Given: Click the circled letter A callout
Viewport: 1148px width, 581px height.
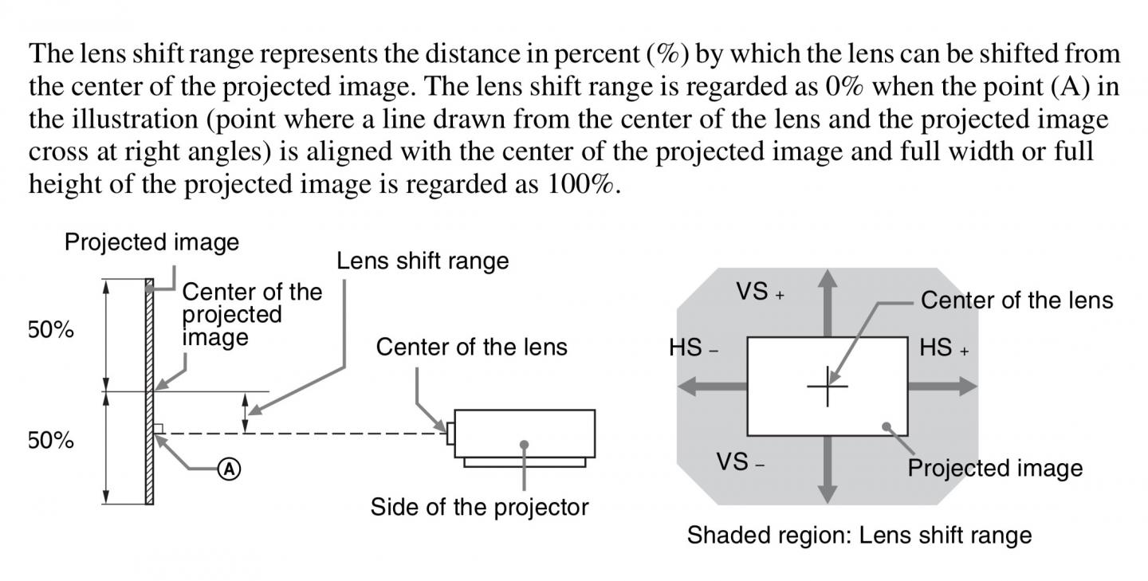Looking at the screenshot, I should pyautogui.click(x=229, y=469).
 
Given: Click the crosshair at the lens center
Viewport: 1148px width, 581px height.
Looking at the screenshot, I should pyautogui.click(x=828, y=387).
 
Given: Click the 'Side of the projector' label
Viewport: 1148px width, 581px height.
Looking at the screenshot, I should pyautogui.click(x=479, y=507).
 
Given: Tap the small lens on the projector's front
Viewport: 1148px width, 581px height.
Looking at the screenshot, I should pyautogui.click(x=450, y=434).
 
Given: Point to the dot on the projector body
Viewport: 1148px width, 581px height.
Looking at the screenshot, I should pyautogui.click(x=524, y=444).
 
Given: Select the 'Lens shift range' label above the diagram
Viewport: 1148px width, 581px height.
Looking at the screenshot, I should pyautogui.click(x=423, y=261).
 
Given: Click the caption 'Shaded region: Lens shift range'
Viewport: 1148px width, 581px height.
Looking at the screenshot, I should pyautogui.click(x=859, y=535).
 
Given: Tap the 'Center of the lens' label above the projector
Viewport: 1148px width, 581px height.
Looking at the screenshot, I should pyautogui.click(x=471, y=347).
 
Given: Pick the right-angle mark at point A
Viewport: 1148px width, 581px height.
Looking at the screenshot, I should pyautogui.click(x=159, y=429).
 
